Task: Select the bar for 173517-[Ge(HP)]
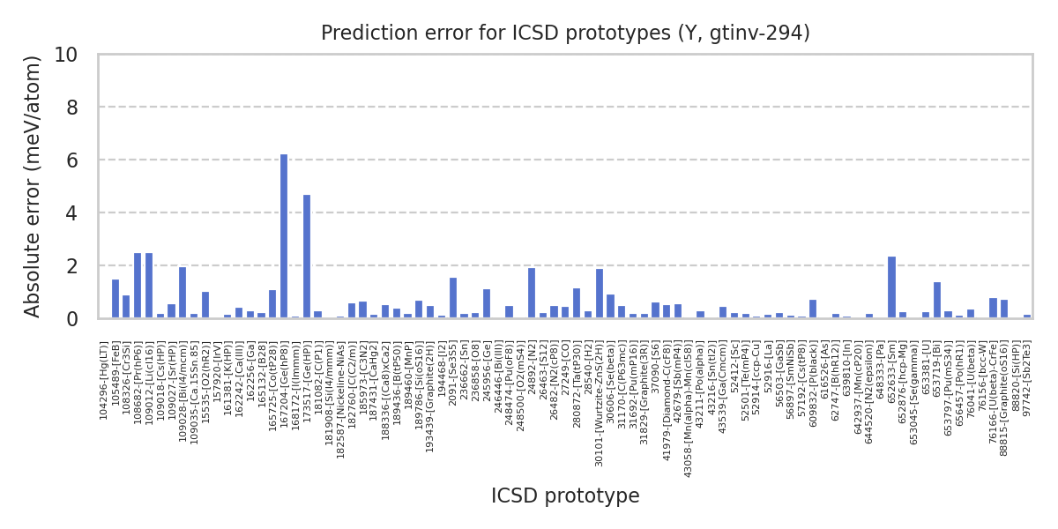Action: tap(307, 257)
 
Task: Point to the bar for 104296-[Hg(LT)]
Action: tap(115, 299)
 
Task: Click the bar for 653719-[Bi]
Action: tap(937, 300)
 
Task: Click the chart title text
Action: tap(565, 34)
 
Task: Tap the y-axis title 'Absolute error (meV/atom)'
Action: tap(34, 186)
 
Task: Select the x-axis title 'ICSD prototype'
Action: tap(565, 496)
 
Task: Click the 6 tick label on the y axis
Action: tap(71, 160)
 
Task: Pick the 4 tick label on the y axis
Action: tap(71, 213)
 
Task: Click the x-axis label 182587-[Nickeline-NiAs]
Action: tap(340, 389)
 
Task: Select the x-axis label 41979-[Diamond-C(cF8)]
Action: tap(667, 389)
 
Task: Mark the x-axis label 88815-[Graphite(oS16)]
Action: tap(1004, 389)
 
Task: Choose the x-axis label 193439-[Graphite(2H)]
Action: tap(430, 389)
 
